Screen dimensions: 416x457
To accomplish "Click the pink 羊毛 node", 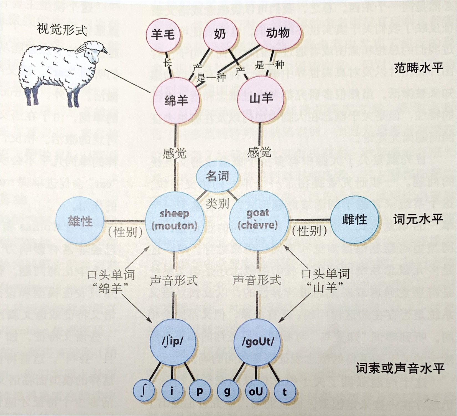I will pos(163,34).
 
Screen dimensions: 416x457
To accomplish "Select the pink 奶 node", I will pos(220,34).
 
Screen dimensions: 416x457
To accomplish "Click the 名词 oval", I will pos(217,176).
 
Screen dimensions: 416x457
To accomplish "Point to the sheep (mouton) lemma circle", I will pos(175,220).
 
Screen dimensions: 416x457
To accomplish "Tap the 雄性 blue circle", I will pos(80,221).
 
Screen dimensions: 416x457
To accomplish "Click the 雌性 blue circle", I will pos(355,220).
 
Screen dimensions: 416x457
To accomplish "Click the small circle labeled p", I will pos(200,391).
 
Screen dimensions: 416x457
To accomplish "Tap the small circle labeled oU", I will pos(256,392).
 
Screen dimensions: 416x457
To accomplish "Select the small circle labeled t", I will pos(284,392).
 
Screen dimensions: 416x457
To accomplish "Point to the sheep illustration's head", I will pos(93,51).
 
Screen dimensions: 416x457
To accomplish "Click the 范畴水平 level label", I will pos(418,68).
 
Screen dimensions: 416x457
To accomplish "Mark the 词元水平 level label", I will pos(418,219).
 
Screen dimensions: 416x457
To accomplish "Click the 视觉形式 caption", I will pos(62,29).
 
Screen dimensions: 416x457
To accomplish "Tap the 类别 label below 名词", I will pos(217,204).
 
